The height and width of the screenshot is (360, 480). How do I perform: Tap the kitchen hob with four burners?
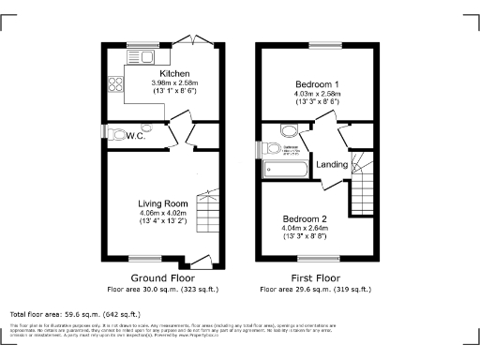[117, 88]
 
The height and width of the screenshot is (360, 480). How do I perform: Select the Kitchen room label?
[175, 74]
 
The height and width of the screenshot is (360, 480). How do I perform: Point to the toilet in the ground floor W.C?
[115, 131]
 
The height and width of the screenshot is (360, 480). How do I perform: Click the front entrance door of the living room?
[199, 260]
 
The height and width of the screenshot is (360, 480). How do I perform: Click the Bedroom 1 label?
[317, 84]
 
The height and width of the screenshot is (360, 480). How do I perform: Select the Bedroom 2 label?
[306, 217]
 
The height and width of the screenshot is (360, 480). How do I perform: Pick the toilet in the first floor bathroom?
[273, 148]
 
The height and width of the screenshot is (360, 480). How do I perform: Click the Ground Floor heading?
[162, 278]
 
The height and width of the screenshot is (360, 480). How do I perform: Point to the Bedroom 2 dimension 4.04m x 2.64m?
[306, 228]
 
